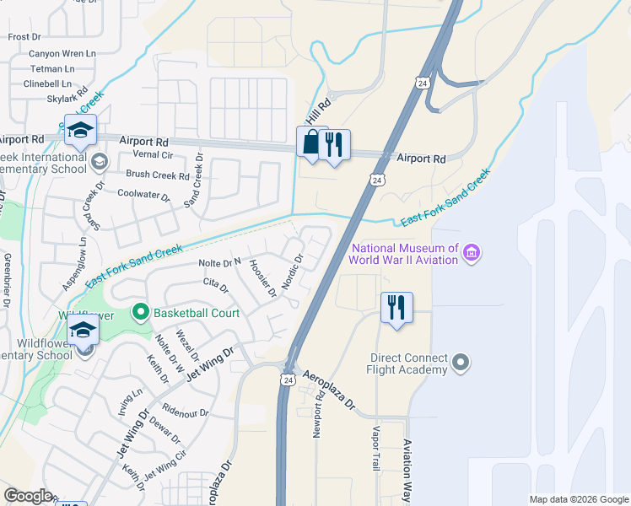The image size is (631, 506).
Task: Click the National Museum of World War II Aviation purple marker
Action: coord(472,253)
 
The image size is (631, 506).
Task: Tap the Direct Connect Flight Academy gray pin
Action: coord(460,363)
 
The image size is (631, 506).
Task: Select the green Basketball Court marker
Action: coord(140,313)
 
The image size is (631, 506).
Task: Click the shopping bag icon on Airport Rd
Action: coord(311,144)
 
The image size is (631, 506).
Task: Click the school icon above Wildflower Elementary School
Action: coord(83,331)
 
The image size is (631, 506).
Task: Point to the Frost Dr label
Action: coord(24,37)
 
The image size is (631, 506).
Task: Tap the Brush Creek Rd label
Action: coord(158,175)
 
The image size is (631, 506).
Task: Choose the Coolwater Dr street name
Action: coord(143,198)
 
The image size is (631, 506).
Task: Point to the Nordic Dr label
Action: coord(292,272)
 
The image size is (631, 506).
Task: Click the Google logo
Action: coord(28,496)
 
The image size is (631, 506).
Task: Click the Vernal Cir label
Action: coord(153,156)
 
